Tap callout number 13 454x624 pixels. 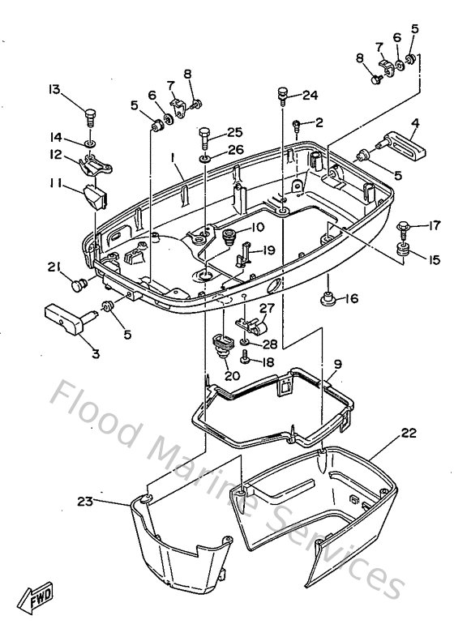point(54,89)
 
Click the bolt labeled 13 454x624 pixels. point(91,118)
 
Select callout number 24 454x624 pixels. point(311,96)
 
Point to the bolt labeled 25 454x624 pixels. point(204,138)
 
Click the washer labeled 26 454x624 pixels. point(205,160)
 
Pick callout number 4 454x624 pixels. point(415,123)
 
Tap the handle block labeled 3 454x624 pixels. point(68,318)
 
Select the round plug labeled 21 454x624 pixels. point(79,285)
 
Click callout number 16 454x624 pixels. point(352,298)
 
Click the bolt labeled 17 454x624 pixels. point(403,230)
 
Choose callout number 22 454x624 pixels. point(409,433)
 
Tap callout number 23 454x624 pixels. point(85,502)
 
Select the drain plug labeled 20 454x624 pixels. point(223,345)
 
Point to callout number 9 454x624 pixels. point(338,364)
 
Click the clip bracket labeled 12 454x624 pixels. point(96,165)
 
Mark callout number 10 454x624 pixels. point(257,227)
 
